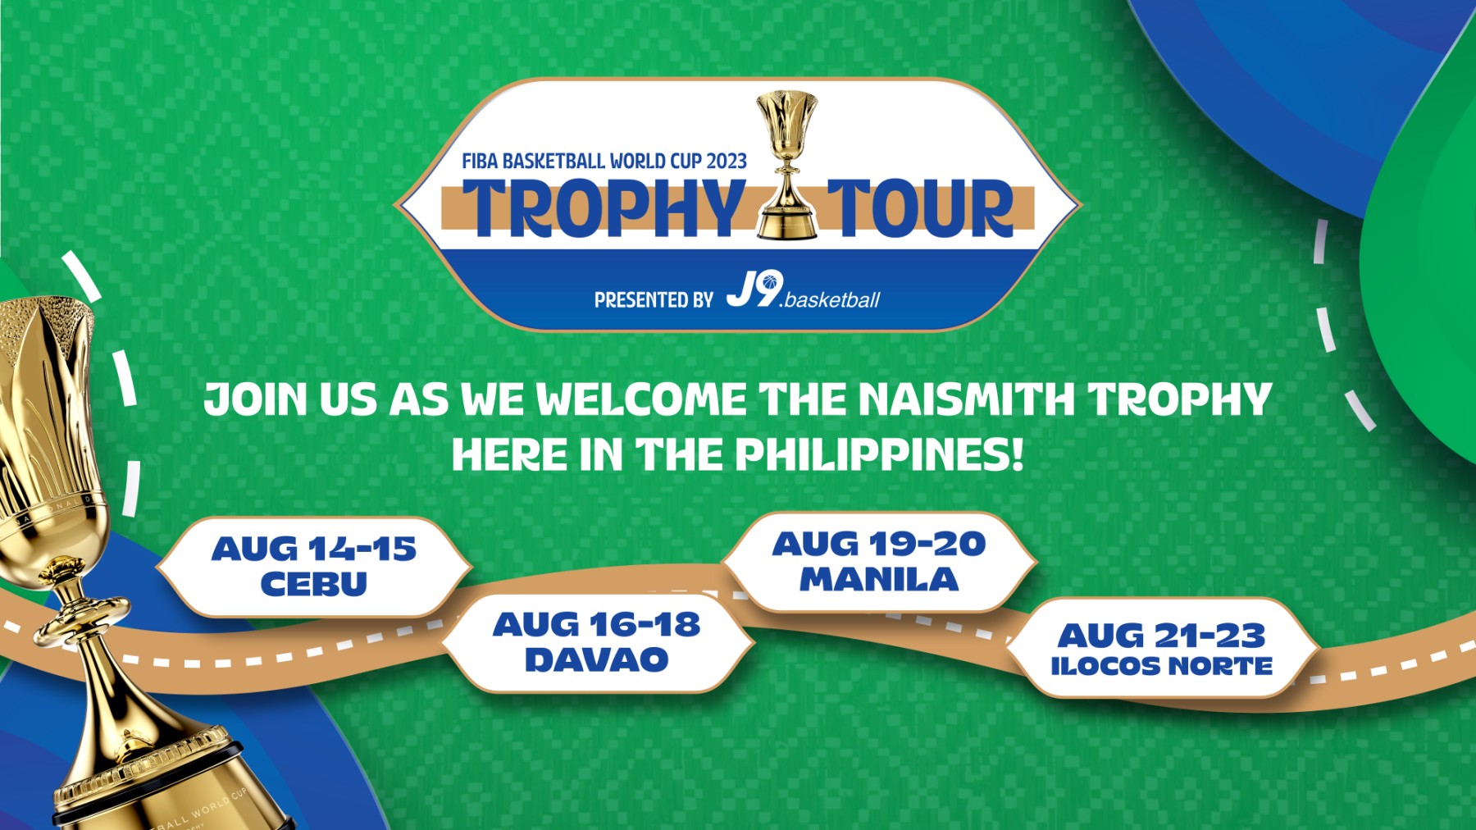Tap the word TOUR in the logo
click(921, 208)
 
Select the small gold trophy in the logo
click(787, 165)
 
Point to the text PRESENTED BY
click(654, 300)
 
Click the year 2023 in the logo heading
click(727, 161)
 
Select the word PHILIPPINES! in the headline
click(879, 454)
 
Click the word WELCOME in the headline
click(641, 399)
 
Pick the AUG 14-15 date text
click(314, 549)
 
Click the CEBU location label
click(314, 584)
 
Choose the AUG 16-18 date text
click(597, 625)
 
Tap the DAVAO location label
click(597, 660)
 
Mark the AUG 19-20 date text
click(879, 544)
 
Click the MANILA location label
click(879, 580)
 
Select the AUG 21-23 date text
click(1161, 636)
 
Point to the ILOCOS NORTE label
click(1161, 666)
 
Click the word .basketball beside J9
click(830, 300)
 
